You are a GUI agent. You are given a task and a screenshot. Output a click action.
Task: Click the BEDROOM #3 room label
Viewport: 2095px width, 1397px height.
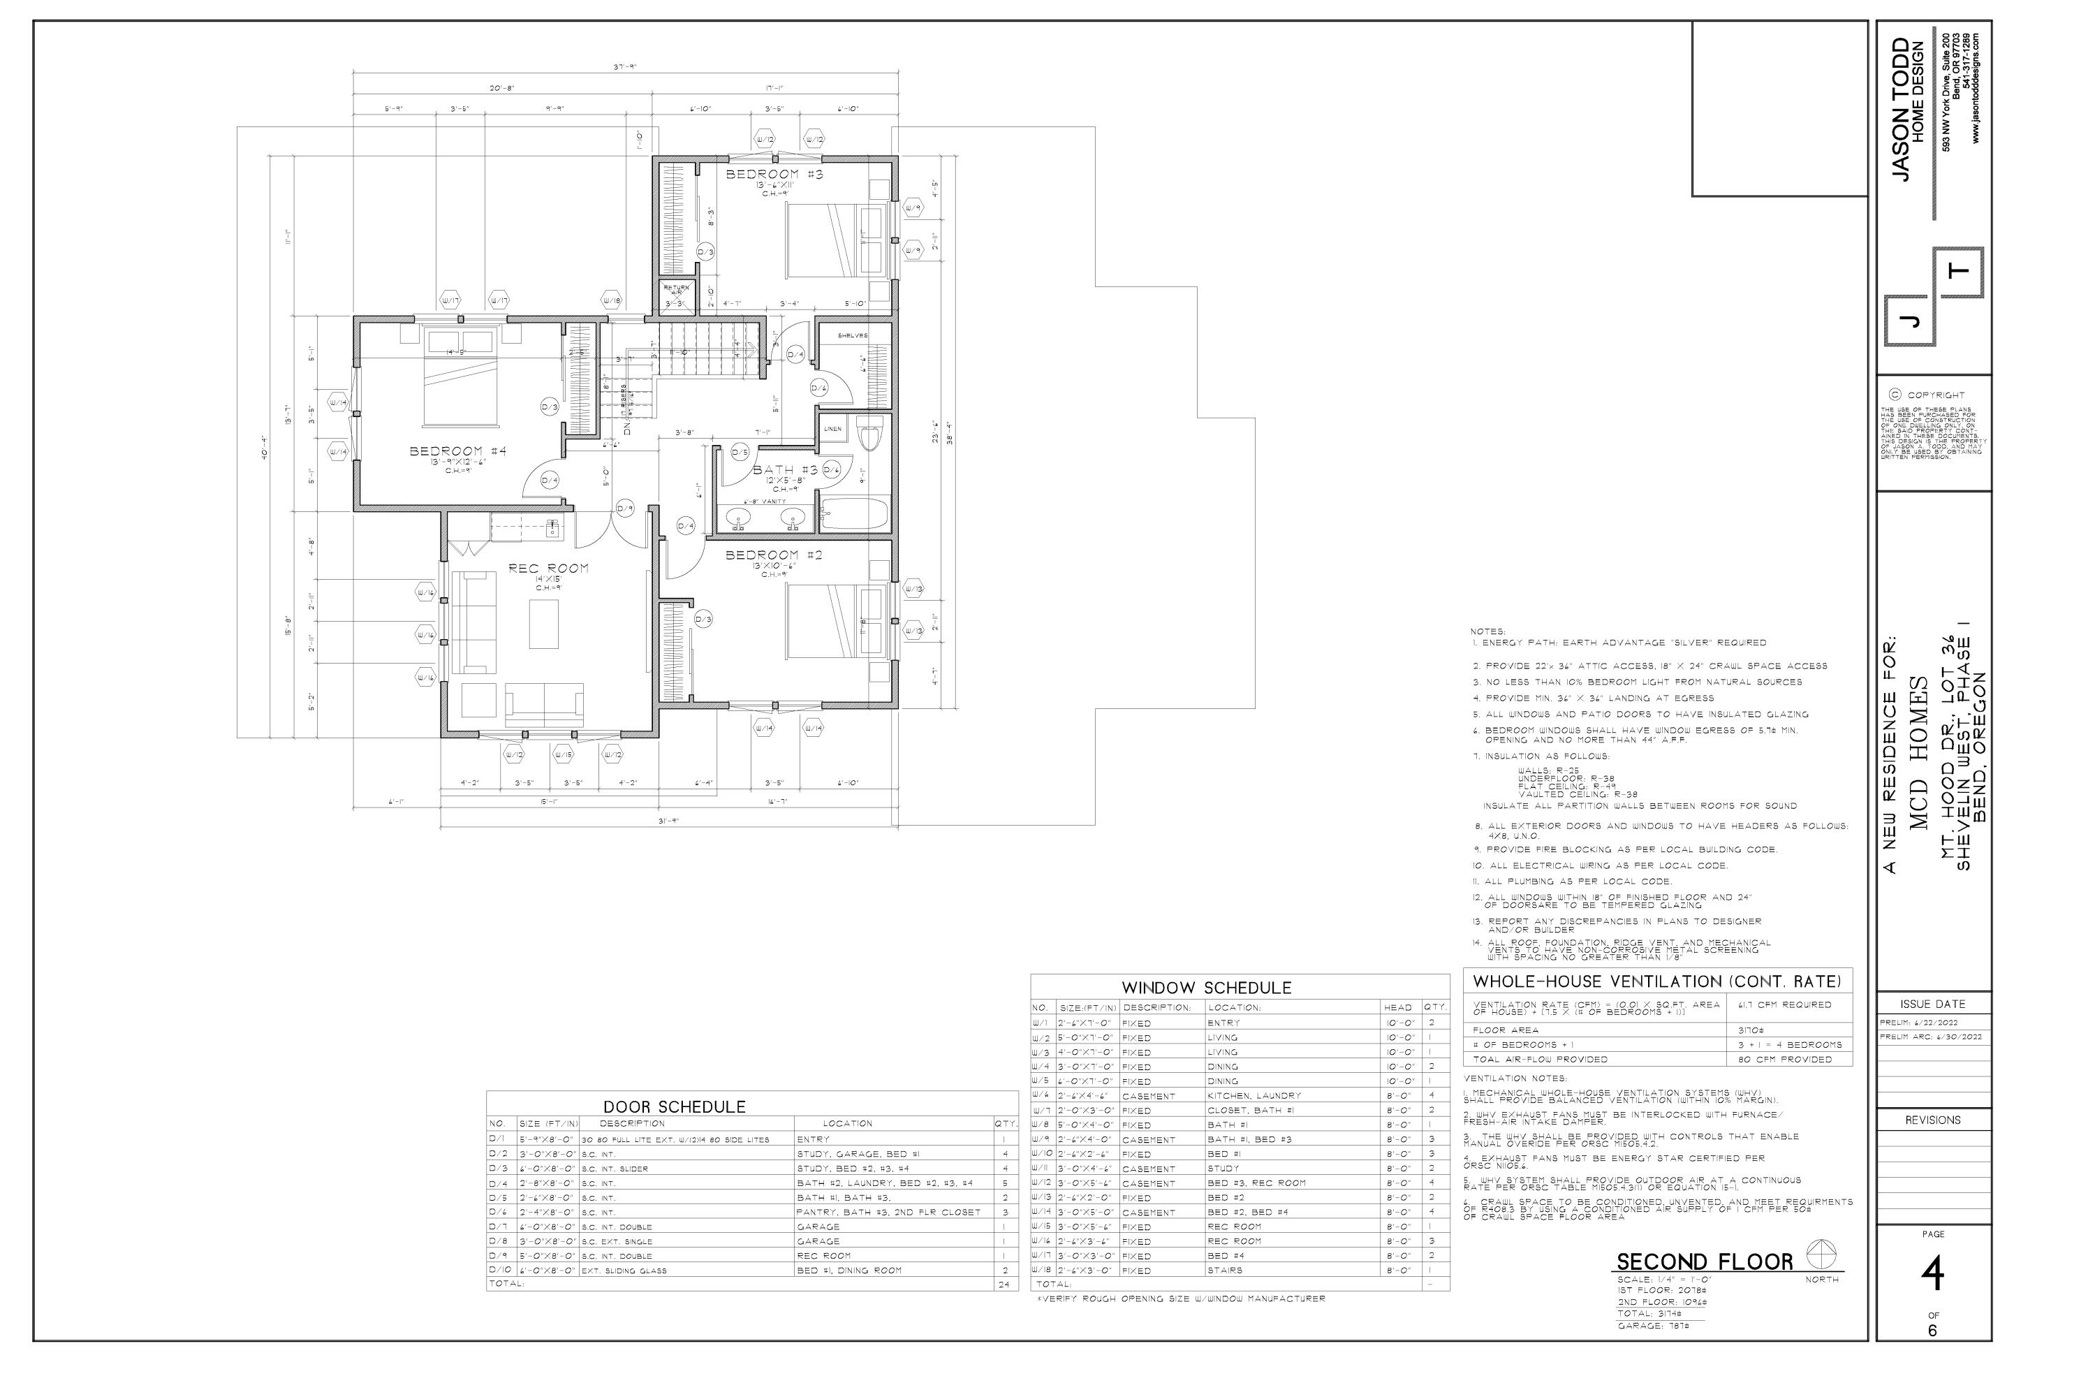click(x=774, y=175)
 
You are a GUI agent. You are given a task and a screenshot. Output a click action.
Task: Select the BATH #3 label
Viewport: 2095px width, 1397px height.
click(x=785, y=470)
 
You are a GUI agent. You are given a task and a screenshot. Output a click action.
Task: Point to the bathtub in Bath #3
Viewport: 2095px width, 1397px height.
click(x=853, y=515)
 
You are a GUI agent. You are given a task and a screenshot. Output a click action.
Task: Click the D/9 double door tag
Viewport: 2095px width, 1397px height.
click(x=625, y=509)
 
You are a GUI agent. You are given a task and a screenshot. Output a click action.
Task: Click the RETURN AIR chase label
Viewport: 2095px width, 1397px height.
click(x=675, y=290)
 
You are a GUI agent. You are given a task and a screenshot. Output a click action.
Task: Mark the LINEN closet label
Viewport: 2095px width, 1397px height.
click(x=832, y=430)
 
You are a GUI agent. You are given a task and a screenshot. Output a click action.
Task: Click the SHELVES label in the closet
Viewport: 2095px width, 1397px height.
click(x=853, y=336)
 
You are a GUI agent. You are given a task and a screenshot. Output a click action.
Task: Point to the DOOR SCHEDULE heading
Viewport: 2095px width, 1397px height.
click(x=675, y=1107)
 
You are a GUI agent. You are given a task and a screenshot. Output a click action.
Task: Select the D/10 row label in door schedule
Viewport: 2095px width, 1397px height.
click(x=499, y=1271)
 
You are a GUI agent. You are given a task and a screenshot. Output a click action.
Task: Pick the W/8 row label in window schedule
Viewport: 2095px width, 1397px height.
click(x=1041, y=1125)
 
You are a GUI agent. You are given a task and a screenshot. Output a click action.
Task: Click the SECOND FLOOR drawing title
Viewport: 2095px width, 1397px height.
click(x=1704, y=1262)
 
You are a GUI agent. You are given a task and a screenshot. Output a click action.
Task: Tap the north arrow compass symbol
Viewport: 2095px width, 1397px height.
click(x=1821, y=1256)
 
